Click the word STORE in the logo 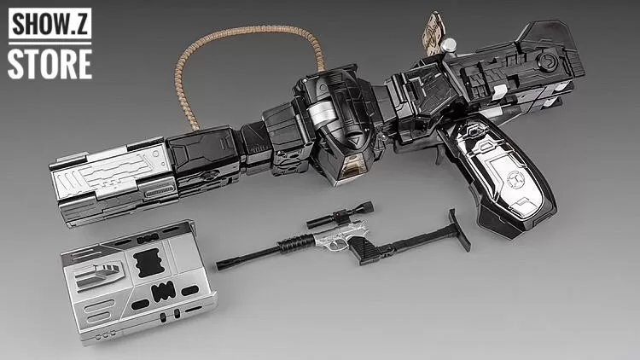(x=49, y=63)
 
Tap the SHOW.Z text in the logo (x=49, y=24)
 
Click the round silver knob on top (x=448, y=45)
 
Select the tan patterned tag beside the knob (x=433, y=32)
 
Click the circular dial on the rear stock (x=546, y=62)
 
